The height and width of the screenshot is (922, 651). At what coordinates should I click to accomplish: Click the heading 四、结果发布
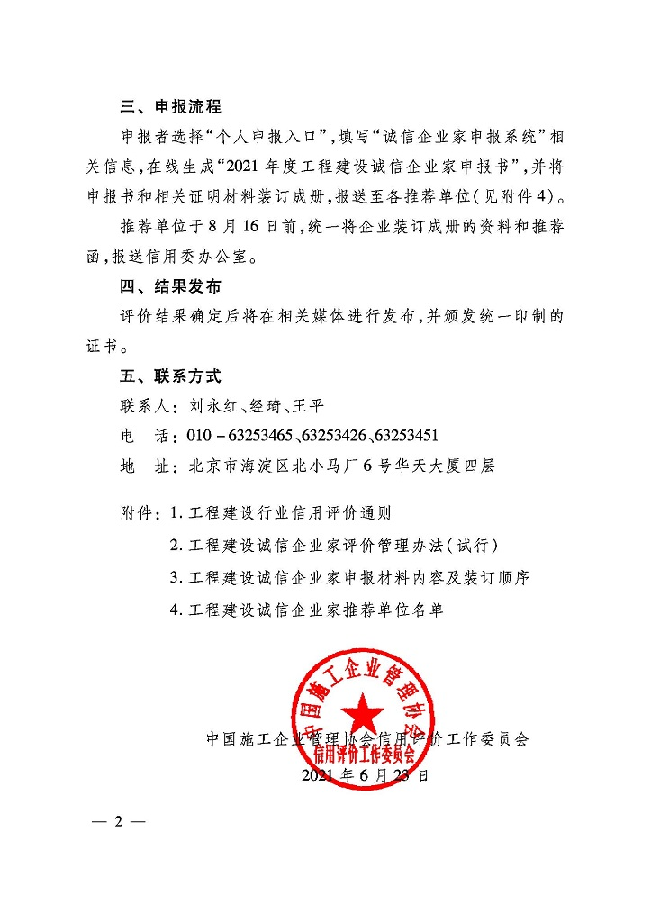coord(170,288)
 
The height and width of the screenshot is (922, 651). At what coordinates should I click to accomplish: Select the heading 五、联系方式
coord(170,376)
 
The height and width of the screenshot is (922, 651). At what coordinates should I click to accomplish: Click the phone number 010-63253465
coord(240,436)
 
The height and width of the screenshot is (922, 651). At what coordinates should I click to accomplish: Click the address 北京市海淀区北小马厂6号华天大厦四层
coord(342,466)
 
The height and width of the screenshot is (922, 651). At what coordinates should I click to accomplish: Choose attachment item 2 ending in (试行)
coord(334,547)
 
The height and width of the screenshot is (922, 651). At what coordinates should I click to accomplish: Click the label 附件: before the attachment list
coord(141,515)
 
